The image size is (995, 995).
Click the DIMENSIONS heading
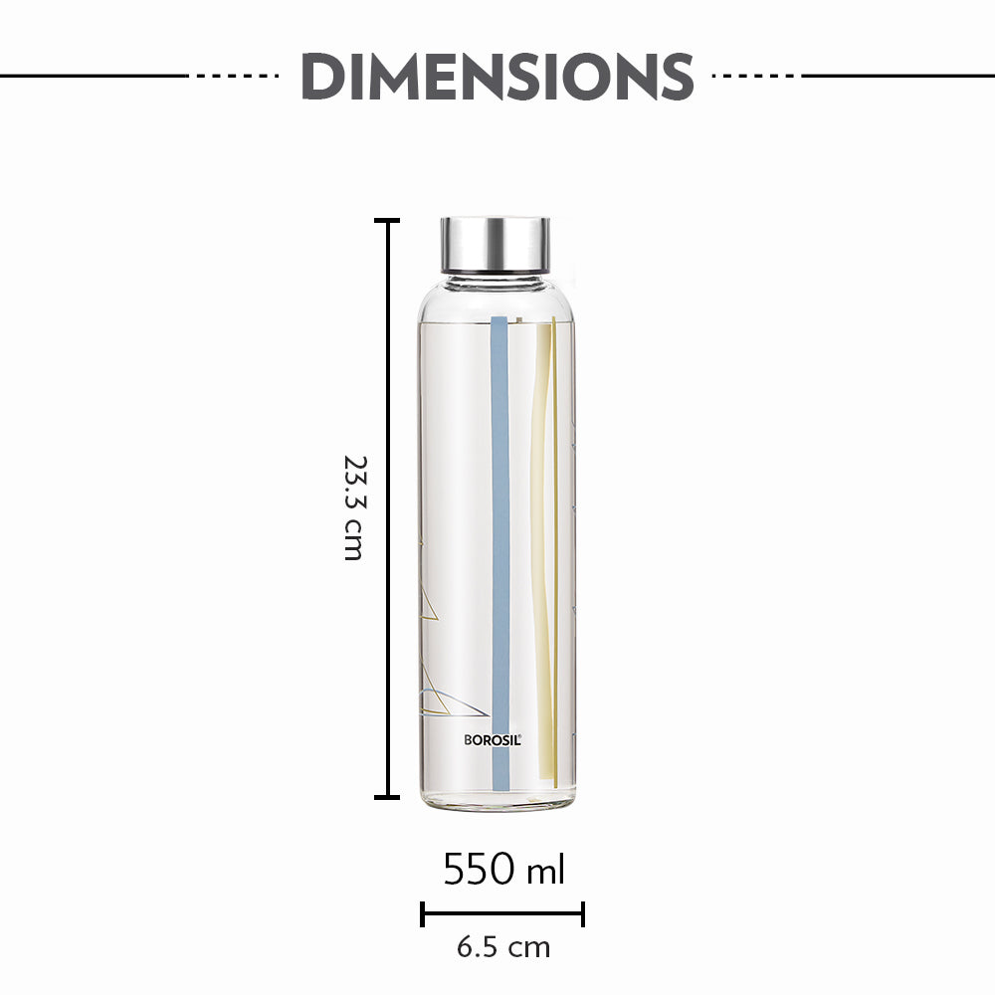coord(497,76)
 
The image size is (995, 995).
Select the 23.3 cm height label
coord(353,507)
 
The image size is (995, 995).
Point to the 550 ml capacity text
coord(503,870)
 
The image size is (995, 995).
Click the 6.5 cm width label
coord(503,947)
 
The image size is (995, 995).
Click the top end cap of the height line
coord(387,221)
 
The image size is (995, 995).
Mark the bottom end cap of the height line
coord(387,796)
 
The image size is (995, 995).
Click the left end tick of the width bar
coord(423,913)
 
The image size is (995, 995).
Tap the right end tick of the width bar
coord(583,913)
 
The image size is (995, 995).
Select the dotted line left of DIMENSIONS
coord(237,76)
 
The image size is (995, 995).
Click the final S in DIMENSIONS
coord(673,76)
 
